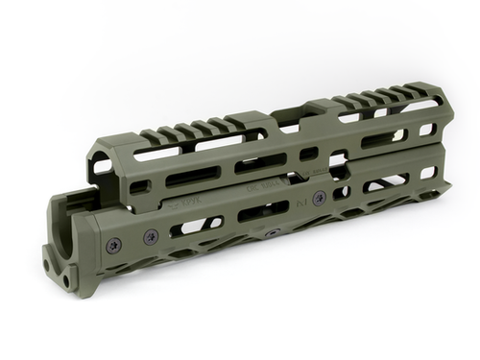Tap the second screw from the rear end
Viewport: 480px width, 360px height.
pos(152,236)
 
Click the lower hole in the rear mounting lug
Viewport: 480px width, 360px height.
pos(60,274)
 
